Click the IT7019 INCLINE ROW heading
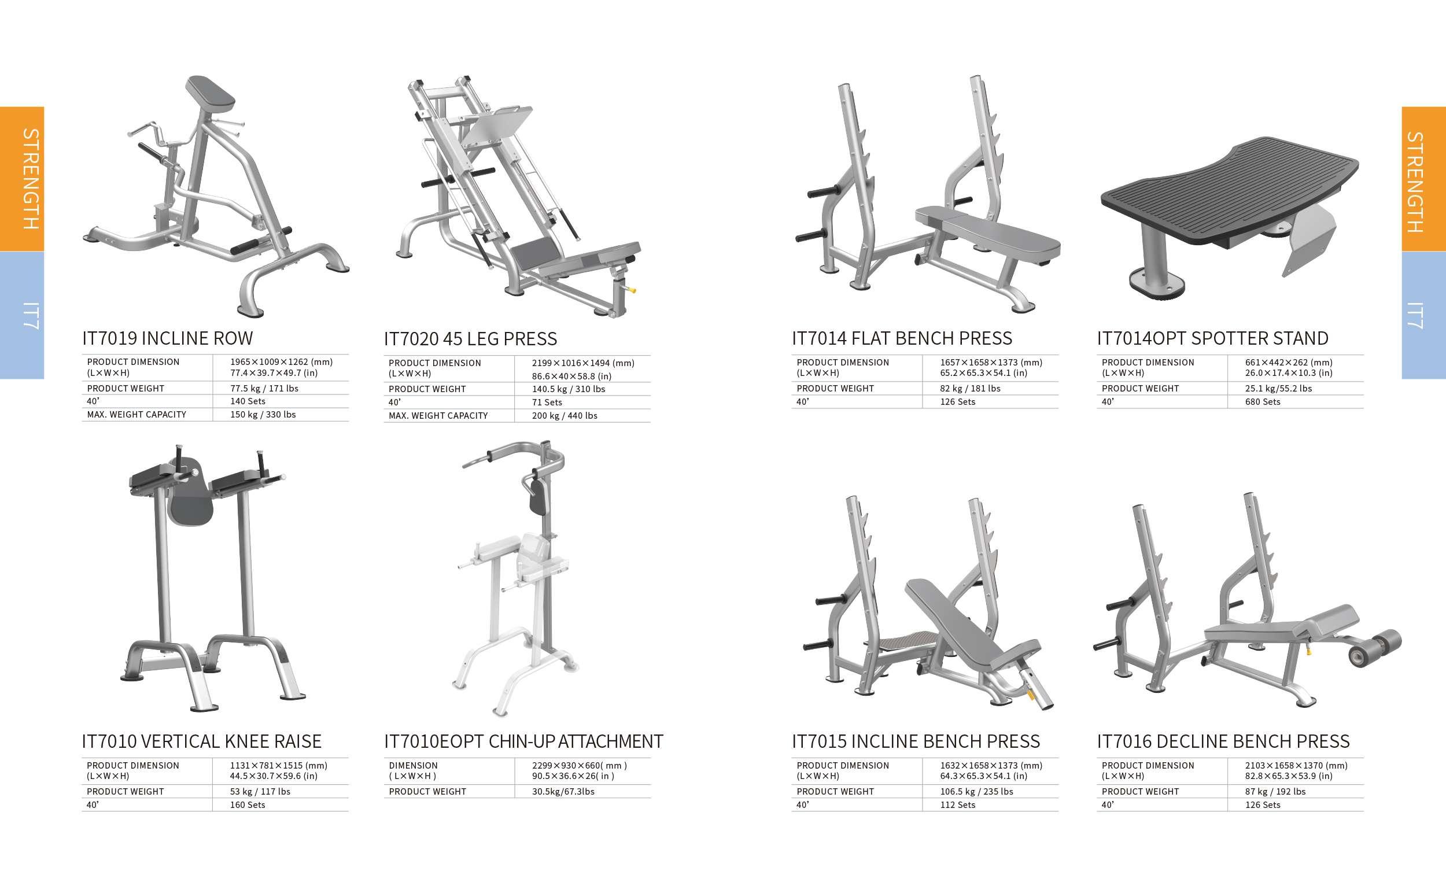coord(167,338)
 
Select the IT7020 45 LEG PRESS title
coord(470,339)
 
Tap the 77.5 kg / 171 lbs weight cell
coord(264,389)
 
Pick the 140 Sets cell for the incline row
coord(248,401)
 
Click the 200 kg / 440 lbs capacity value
coord(565,416)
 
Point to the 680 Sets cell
coord(1262,402)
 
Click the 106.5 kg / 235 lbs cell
coord(976,792)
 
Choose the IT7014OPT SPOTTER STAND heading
coord(1212,338)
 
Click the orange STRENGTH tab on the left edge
coord(23,179)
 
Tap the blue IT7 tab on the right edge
coord(1423,316)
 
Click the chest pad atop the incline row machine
coord(210,93)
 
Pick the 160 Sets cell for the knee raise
coord(248,805)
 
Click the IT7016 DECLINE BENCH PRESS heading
coord(1223,741)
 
